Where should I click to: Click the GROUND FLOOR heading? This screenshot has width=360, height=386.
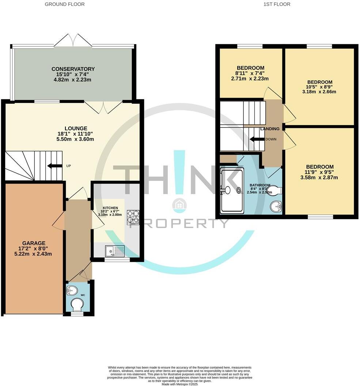tap(65, 4)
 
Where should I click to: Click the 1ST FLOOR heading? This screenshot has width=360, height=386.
tap(277, 4)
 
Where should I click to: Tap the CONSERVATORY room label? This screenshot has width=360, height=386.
tap(73, 69)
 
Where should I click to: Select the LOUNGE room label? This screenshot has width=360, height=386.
tap(76, 128)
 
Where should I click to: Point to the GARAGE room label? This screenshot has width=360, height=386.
tap(34, 243)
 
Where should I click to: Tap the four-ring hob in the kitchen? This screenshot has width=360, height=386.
tap(132, 217)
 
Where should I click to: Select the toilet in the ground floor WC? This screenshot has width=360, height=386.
tap(77, 304)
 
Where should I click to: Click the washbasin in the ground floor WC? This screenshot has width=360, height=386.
tap(72, 290)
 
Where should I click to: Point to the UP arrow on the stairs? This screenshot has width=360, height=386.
tap(54, 166)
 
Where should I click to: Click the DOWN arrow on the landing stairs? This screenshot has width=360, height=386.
tap(257, 139)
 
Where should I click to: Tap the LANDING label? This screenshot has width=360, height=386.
tap(270, 129)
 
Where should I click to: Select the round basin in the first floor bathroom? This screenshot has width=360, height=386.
tap(276, 207)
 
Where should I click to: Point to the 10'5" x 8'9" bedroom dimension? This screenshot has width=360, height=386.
tap(320, 87)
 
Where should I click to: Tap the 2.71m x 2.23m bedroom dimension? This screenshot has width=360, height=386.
tap(250, 79)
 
